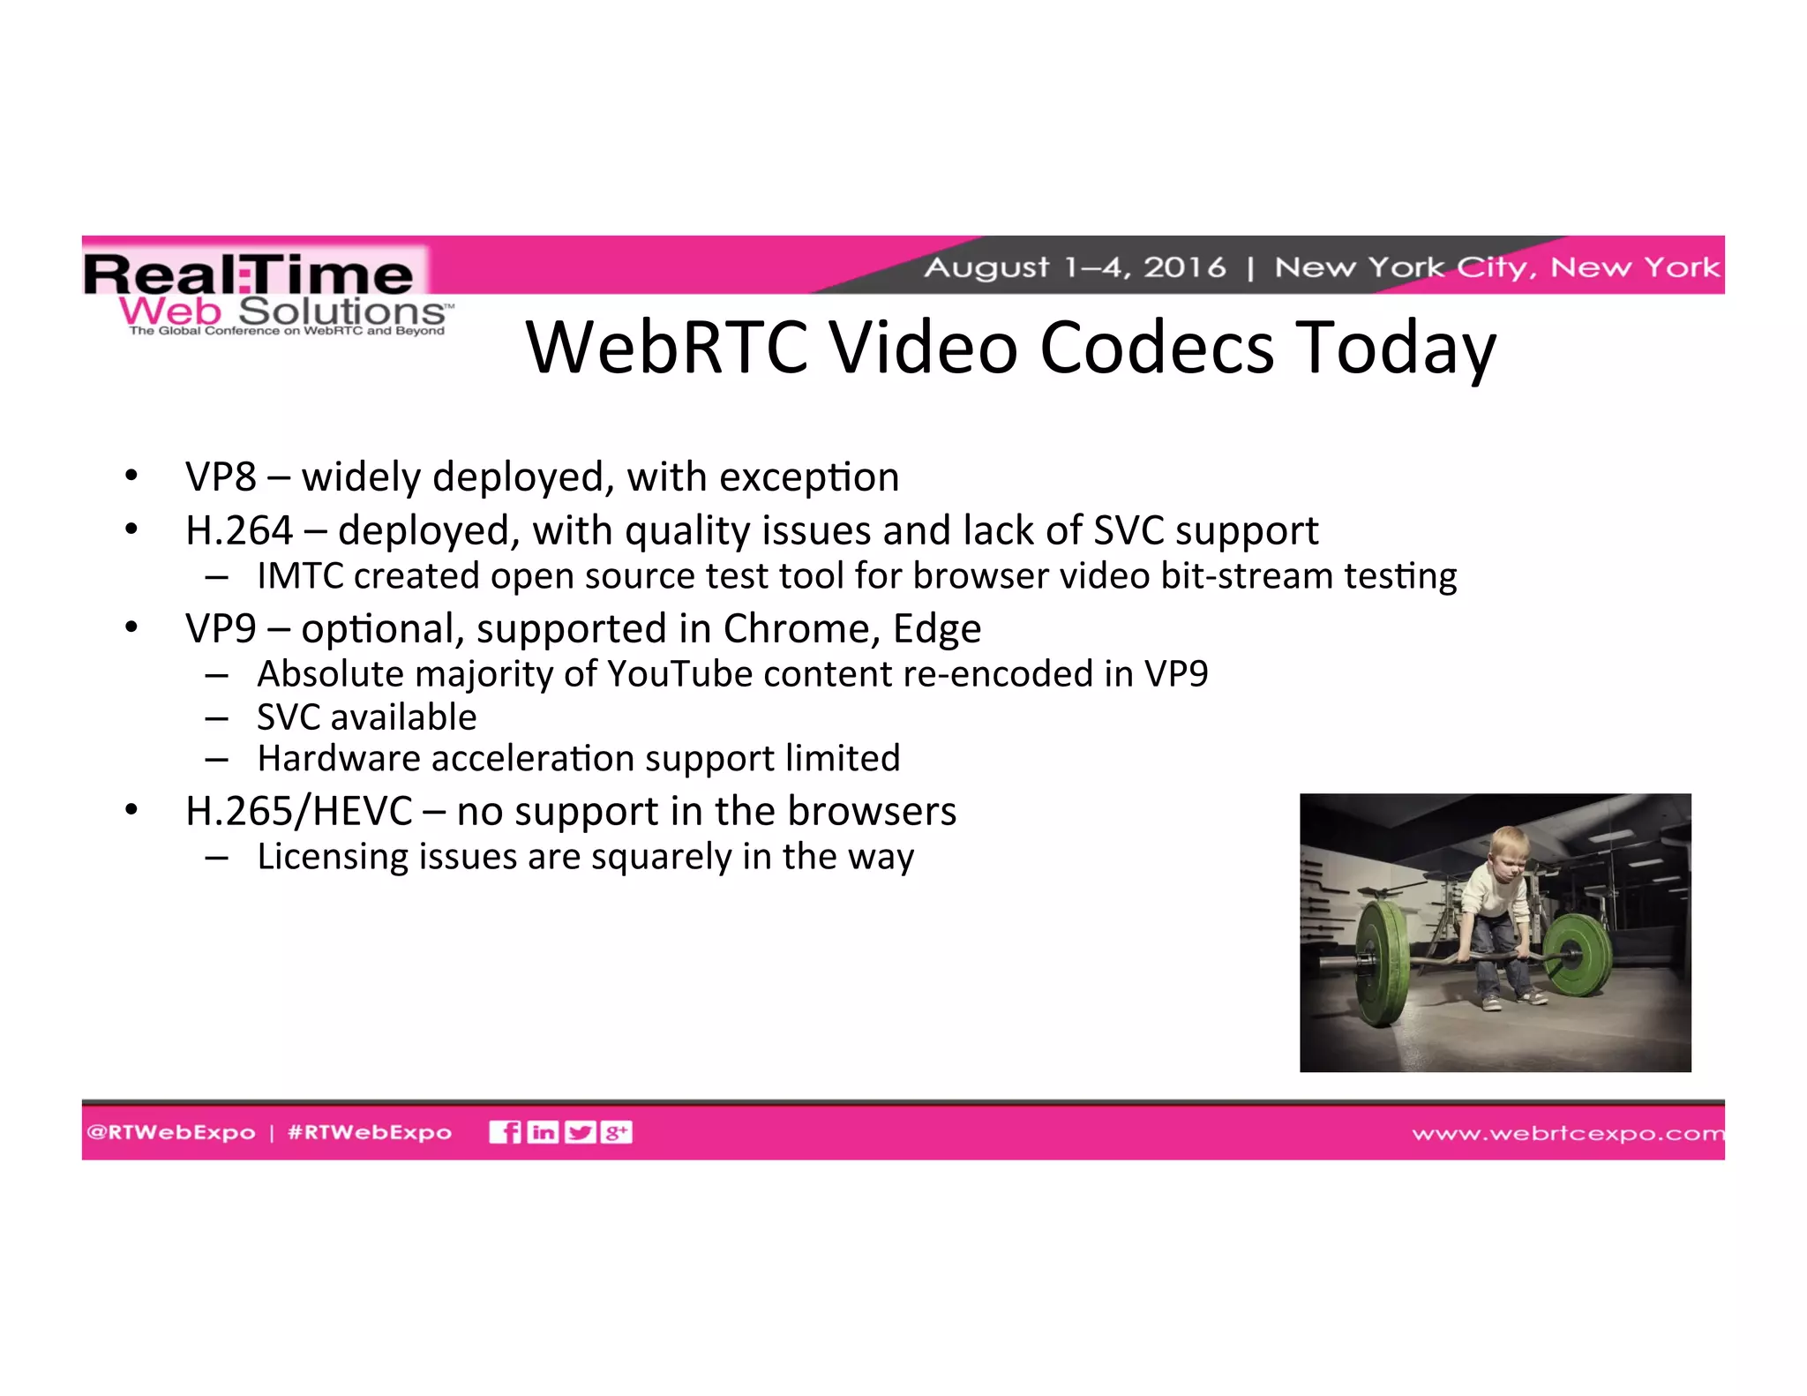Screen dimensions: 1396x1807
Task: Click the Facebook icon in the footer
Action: (505, 1132)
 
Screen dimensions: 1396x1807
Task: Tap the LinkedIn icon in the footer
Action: (543, 1132)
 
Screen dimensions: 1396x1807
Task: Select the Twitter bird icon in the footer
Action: (580, 1132)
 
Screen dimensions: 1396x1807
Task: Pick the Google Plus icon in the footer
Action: (616, 1132)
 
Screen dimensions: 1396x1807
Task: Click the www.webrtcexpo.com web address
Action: (1567, 1133)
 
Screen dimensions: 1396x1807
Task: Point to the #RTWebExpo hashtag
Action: (370, 1132)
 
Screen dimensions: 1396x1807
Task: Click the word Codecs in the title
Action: (1157, 348)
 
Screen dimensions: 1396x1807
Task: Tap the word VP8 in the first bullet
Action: (221, 477)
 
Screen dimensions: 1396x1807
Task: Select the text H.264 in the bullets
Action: (238, 531)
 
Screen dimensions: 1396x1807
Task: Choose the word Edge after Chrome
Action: (937, 629)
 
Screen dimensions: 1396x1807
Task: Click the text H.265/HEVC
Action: (298, 812)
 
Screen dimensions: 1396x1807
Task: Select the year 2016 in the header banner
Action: (1184, 266)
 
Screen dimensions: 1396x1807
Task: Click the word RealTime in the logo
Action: (249, 274)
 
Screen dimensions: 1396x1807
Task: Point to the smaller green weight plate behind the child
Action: (1577, 954)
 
